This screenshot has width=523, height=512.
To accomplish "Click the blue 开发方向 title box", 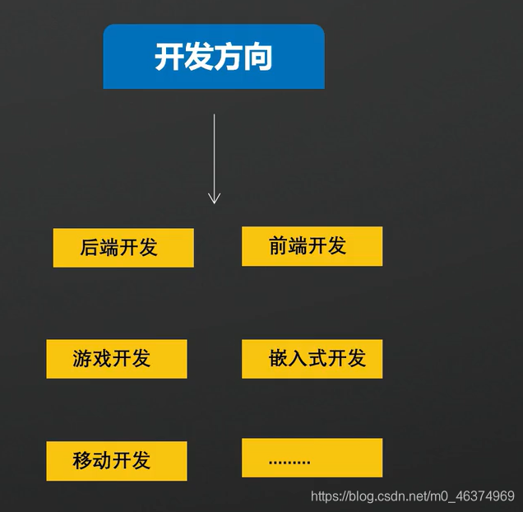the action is (214, 56).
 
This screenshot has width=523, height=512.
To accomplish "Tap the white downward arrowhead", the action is (214, 198).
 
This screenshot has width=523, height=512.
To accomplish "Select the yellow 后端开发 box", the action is (123, 248).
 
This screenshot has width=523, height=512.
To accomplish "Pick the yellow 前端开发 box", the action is (312, 246).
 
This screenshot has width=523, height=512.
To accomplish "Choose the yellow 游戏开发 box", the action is (117, 359).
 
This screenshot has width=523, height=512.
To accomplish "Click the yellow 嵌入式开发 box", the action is (312, 359).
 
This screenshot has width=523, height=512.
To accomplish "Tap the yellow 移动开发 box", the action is (117, 461).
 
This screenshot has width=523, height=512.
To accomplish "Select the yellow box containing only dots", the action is (312, 458).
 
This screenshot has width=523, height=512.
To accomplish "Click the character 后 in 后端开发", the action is (90, 248).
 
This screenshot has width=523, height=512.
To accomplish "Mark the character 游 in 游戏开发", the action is (82, 359).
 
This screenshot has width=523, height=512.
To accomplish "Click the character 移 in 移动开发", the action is (82, 461).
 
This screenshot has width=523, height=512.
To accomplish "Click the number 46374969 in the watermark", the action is (482, 496).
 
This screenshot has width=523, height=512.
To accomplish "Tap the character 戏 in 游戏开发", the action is (102, 359).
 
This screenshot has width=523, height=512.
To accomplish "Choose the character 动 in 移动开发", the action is (102, 461).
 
